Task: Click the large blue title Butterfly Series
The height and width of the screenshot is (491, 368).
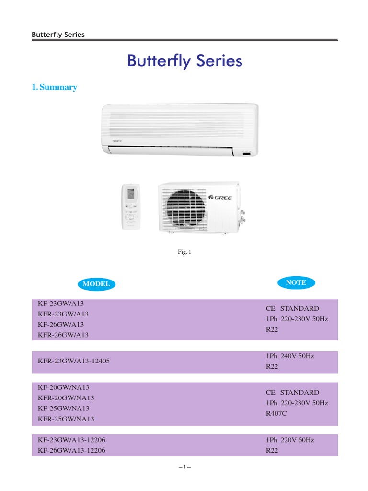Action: point(184,61)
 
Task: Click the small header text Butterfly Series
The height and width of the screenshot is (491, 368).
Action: point(58,35)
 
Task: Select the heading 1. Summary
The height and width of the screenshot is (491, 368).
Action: point(54,87)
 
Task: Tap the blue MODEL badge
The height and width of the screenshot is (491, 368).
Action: point(96,284)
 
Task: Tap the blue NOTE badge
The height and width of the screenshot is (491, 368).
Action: point(296,283)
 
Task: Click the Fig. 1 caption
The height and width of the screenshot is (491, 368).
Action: point(184,252)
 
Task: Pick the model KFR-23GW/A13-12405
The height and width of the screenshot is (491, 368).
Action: point(74,361)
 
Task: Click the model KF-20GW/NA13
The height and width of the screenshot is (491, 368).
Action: point(64,387)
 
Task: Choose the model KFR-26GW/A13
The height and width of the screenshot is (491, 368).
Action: point(63,335)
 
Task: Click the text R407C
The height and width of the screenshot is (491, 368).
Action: point(276,413)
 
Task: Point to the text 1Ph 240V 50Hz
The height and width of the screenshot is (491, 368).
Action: point(290,356)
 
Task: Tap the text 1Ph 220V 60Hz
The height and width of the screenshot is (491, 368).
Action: point(290,440)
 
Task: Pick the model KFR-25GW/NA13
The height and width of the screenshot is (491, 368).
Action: point(66,419)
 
